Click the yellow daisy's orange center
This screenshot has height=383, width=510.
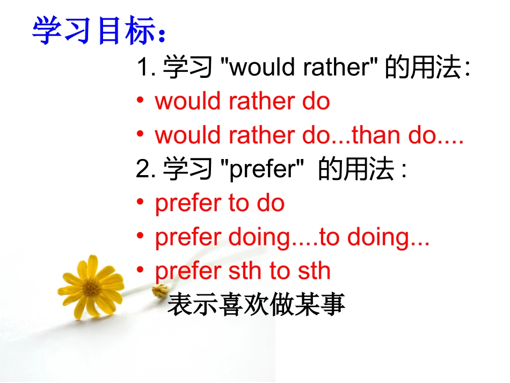pyautogui.click(x=92, y=287)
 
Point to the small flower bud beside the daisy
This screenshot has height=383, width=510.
pyautogui.click(x=159, y=291)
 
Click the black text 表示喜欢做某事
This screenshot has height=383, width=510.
pyautogui.click(x=256, y=305)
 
